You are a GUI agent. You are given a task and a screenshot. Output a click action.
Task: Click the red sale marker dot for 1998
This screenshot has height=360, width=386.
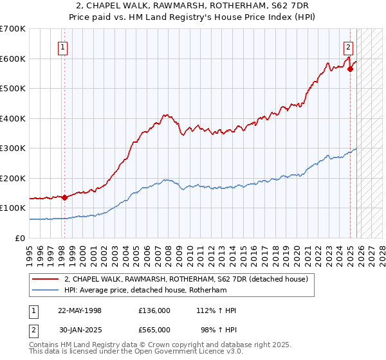click(64, 198)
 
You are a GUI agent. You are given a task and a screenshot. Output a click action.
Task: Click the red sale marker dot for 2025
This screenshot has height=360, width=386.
click(351, 69)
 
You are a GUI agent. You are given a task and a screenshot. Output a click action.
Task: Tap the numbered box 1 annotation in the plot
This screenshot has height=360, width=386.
click(63, 46)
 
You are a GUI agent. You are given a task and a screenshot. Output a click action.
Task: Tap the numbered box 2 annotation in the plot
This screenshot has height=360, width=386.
click(348, 46)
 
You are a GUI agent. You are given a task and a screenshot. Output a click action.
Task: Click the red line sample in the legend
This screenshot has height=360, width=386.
click(46, 279)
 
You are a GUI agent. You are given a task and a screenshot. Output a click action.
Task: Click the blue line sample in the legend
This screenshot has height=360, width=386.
click(46, 290)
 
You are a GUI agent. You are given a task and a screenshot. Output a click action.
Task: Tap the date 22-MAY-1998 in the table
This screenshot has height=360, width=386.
click(80, 310)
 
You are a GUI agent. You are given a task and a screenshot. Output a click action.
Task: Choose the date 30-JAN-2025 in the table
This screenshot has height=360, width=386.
click(80, 330)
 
